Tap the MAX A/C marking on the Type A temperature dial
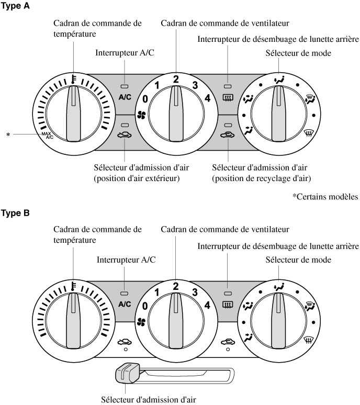click(48, 135)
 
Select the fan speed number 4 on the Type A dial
click(208, 98)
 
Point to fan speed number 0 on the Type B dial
click(145, 305)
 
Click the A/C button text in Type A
click(125, 97)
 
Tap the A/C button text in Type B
click(125, 303)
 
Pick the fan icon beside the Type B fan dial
click(140, 322)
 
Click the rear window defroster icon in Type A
click(228, 97)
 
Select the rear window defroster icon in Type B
click(228, 304)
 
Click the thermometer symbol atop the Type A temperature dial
click(74, 80)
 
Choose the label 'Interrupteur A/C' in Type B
click(126, 259)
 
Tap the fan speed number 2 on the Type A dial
click(176, 80)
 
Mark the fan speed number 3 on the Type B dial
click(195, 291)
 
